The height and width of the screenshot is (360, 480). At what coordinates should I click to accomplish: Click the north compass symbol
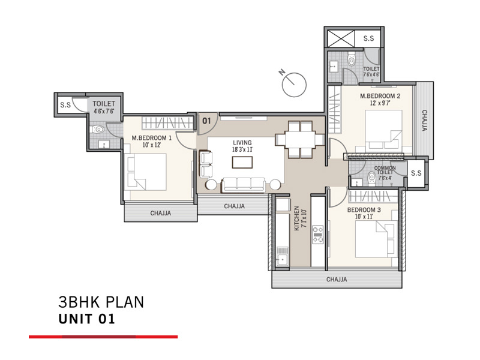tap(293, 82)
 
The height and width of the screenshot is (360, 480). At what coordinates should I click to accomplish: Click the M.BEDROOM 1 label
tap(152, 141)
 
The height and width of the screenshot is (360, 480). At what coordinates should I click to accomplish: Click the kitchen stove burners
tap(318, 235)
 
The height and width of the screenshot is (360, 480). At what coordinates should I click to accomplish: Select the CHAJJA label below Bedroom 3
tap(337, 280)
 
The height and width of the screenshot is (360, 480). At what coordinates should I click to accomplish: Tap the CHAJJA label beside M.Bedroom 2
tap(424, 120)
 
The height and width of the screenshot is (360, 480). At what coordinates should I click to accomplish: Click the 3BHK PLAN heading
tap(101, 302)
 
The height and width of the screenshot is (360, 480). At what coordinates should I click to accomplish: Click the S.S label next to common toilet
tap(416, 173)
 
